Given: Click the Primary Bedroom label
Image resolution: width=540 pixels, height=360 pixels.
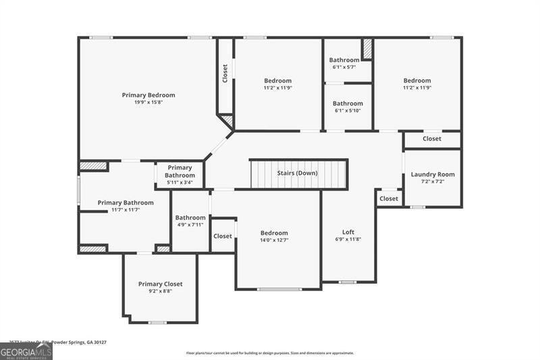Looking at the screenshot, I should point(148,95).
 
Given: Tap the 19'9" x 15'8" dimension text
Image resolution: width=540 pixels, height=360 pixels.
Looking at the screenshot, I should point(148,103).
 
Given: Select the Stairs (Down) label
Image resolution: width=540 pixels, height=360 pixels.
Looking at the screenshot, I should point(297,173).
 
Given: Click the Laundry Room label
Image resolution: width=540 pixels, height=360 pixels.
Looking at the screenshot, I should point(433,174).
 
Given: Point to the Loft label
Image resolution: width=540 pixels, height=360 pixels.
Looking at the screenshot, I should point(348,232).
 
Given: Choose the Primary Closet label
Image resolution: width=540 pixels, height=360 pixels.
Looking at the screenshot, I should point(160,284).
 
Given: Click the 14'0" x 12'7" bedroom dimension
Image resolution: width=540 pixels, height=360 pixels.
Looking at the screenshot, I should point(274,240).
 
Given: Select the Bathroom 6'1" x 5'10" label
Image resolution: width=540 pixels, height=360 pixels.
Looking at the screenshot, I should point(348,104).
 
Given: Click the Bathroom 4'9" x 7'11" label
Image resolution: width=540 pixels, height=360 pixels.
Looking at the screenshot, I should point(190,217).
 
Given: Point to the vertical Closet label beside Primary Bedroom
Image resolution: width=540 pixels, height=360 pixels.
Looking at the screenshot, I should point(225,74).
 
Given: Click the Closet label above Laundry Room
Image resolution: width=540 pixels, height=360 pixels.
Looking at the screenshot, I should point(432,139).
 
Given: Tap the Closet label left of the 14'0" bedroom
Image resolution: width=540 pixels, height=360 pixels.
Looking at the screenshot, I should point(223,236).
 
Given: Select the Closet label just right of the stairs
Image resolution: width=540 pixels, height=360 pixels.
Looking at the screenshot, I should point(388,199).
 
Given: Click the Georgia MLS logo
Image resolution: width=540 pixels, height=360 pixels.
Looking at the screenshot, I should point(26,351).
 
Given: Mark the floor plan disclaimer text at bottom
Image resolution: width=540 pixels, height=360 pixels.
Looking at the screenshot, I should point(270,353).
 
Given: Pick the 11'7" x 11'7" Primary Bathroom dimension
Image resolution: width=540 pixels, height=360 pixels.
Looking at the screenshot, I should point(126,210).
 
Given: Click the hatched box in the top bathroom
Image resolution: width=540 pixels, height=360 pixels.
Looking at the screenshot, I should point(367,49).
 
